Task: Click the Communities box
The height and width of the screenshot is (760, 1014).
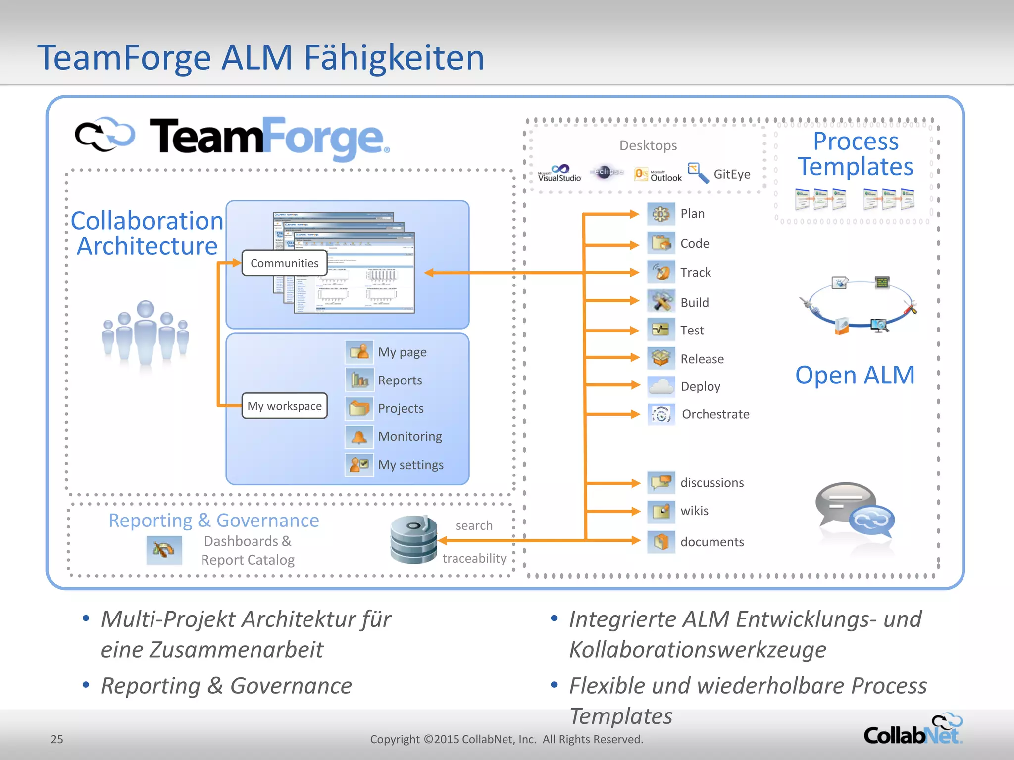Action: [284, 263]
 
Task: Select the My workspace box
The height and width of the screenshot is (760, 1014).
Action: [284, 406]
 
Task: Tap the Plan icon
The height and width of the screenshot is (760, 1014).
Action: [661, 214]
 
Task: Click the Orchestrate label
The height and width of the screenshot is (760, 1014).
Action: [715, 414]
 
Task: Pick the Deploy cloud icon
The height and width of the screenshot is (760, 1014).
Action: [661, 386]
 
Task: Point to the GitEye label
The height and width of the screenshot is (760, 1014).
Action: [732, 174]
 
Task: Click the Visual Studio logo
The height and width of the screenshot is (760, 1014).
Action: [559, 173]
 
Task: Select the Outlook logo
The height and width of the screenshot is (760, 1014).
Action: [659, 174]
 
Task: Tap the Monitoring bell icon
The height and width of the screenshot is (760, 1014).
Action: [359, 436]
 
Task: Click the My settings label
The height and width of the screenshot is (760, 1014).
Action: [410, 465]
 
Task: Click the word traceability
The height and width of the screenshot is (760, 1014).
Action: [474, 558]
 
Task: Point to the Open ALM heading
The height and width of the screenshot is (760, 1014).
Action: [855, 375]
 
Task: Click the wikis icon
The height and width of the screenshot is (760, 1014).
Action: [661, 511]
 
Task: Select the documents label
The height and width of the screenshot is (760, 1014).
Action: [712, 542]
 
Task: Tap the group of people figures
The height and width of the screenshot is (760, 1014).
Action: [145, 334]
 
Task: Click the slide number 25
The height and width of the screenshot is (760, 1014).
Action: [57, 739]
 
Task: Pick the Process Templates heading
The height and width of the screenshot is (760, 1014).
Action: [856, 154]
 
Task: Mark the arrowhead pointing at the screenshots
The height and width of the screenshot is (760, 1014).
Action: [429, 273]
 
